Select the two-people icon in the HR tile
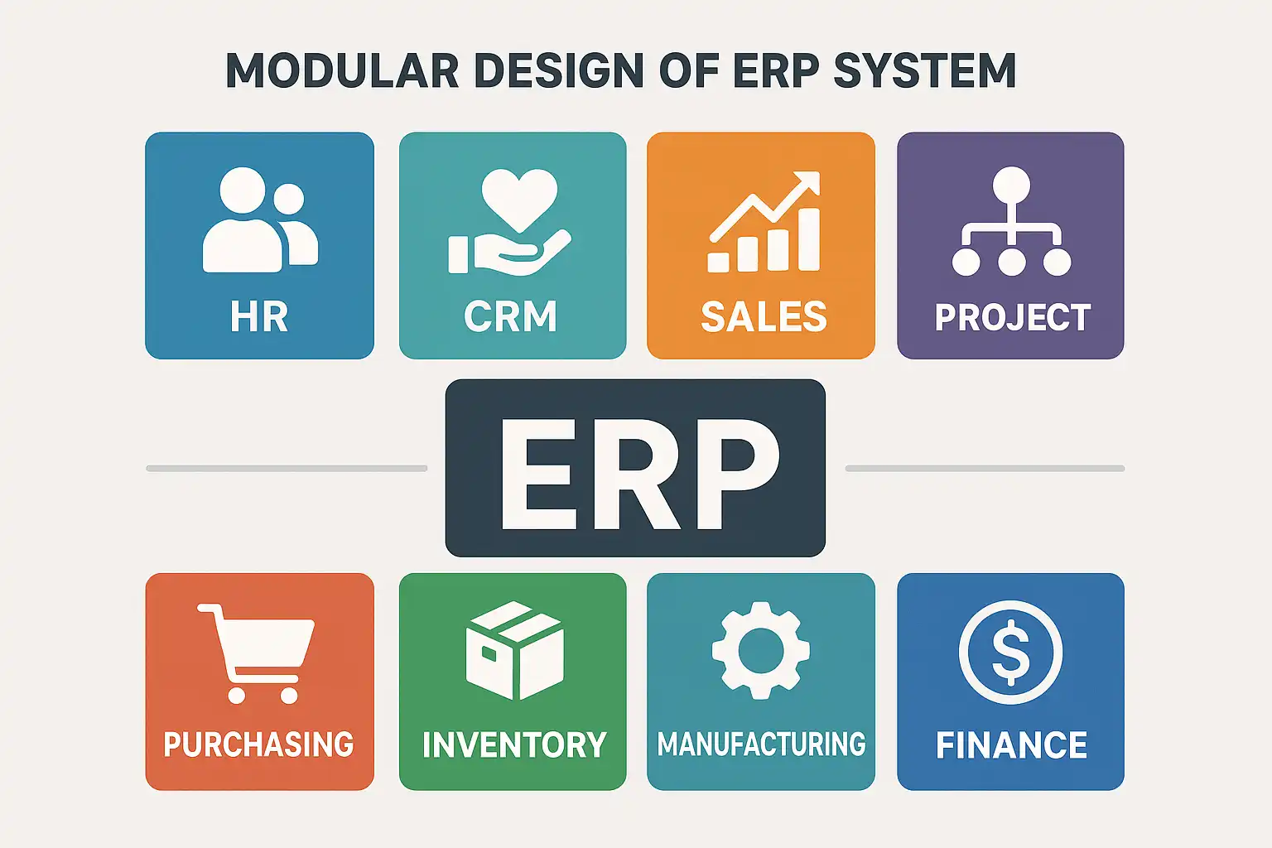point(259,220)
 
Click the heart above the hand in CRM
point(519,198)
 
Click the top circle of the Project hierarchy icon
point(1011,184)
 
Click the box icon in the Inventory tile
point(514,650)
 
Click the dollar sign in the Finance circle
point(1010,651)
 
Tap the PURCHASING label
point(258,744)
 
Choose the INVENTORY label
point(513,744)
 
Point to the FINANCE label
point(1011,744)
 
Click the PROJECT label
point(1012,317)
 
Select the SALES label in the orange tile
point(764,317)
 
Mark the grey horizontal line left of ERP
point(287,469)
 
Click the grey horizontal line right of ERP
point(985,469)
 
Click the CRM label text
point(510,317)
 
